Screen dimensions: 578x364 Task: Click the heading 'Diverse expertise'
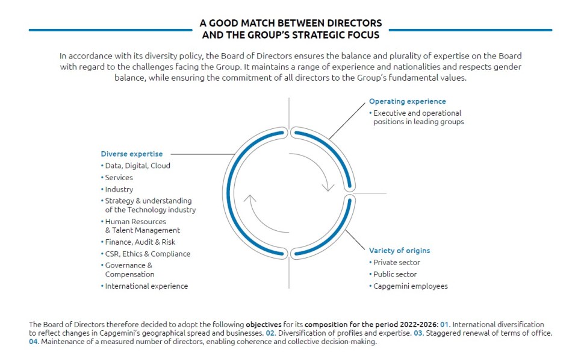pyautogui.click(x=132, y=154)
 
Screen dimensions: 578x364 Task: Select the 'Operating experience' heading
pyautogui.click(x=408, y=101)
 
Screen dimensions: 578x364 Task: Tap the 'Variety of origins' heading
pyautogui.click(x=400, y=251)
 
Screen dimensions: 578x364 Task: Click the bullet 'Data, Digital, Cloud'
pyautogui.click(x=137, y=166)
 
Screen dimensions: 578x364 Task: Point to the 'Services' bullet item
pyautogui.click(x=119, y=177)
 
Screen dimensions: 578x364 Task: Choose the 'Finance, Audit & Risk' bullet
pyautogui.click(x=140, y=242)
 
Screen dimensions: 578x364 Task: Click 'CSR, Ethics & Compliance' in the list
pyautogui.click(x=148, y=254)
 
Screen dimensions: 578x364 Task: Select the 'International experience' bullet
pyautogui.click(x=146, y=286)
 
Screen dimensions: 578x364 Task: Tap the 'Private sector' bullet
pyautogui.click(x=397, y=262)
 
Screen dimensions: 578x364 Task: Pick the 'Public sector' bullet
pyautogui.click(x=395, y=274)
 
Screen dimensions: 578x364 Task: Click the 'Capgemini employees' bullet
pyautogui.click(x=410, y=286)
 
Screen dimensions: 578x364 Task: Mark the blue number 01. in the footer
pyautogui.click(x=445, y=325)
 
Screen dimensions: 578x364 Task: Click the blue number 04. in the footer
pyautogui.click(x=34, y=342)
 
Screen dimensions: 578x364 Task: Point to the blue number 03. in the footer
pyautogui.click(x=418, y=333)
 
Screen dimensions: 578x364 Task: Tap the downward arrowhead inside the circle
pyautogui.click(x=328, y=187)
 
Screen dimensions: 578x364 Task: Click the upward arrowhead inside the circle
pyautogui.click(x=250, y=199)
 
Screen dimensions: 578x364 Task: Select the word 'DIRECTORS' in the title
pyautogui.click(x=355, y=24)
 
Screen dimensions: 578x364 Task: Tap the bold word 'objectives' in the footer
pyautogui.click(x=264, y=325)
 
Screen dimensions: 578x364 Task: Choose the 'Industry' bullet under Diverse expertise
pyautogui.click(x=119, y=189)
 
